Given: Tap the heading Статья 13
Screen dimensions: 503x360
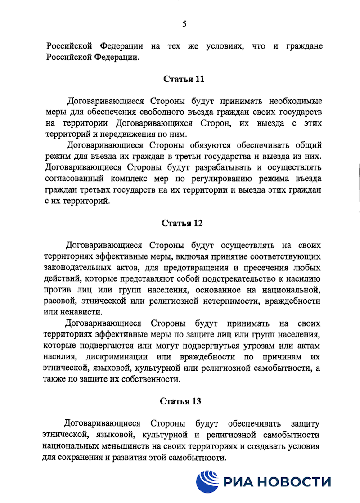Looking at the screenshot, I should click(180, 401).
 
